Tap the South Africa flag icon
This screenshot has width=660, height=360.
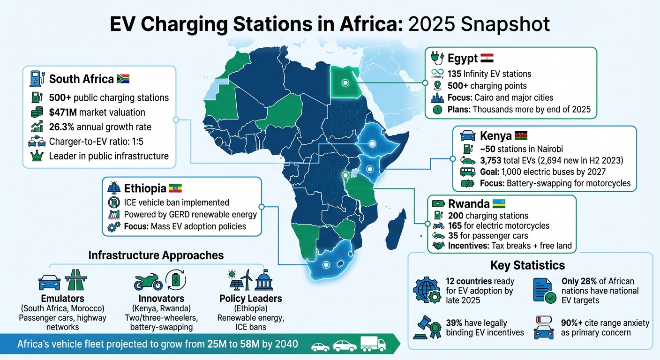tap(123, 79)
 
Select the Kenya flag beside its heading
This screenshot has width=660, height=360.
tap(521, 136)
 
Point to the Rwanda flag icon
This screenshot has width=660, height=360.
tap(498, 204)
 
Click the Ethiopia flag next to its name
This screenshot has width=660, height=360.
tap(175, 188)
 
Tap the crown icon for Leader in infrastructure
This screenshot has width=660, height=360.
tap(36, 156)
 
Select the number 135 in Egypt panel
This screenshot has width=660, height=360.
tap(454, 74)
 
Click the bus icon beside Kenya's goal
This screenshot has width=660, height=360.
tap(467, 172)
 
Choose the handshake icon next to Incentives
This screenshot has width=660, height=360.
tap(437, 246)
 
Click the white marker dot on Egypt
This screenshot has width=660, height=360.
tap(345, 83)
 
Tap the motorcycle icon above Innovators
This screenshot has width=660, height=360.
tap(148, 283)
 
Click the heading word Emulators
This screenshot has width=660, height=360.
tap(63, 299)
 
